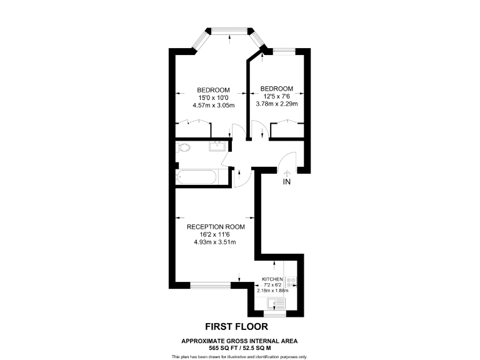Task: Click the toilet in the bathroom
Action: coord(182,148)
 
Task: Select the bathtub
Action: coord(197,177)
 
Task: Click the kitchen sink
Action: coord(275,304)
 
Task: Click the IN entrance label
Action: coord(287,182)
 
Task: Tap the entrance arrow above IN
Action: coord(287,172)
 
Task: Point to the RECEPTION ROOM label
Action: coord(216,227)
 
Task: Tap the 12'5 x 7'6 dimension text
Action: coord(276,96)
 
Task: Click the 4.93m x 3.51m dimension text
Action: coord(215,242)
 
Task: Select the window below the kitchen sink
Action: coord(276,316)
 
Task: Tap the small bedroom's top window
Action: coord(285,51)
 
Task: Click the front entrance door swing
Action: coord(285,161)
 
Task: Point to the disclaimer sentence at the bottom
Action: coord(239,356)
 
